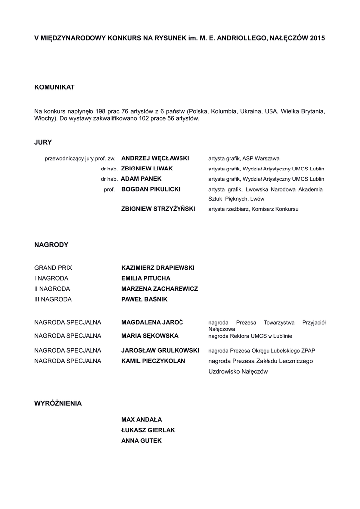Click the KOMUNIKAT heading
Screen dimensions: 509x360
point(54,87)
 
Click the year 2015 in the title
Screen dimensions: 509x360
point(317,38)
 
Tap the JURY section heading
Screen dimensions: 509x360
point(43,142)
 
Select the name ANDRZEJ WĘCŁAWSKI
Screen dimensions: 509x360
point(155,158)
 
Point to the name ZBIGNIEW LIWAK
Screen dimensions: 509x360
point(147,169)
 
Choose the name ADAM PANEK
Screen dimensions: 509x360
point(141,179)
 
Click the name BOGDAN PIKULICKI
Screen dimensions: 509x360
point(151,189)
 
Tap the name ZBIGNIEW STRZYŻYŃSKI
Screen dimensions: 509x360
point(158,209)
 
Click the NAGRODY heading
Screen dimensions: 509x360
point(51,245)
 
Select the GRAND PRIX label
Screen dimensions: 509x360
point(53,268)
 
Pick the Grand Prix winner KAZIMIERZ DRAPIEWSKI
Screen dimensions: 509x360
point(158,268)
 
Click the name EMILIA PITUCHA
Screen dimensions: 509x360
point(146,278)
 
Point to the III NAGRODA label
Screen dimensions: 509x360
point(53,299)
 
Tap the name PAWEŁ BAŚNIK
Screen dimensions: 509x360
point(144,299)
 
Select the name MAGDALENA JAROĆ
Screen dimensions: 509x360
point(153,323)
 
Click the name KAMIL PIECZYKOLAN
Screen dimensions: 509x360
point(153,361)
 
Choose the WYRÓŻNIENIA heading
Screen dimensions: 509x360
point(58,403)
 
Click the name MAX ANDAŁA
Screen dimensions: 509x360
point(142,420)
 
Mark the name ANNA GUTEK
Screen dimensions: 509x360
point(141,440)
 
